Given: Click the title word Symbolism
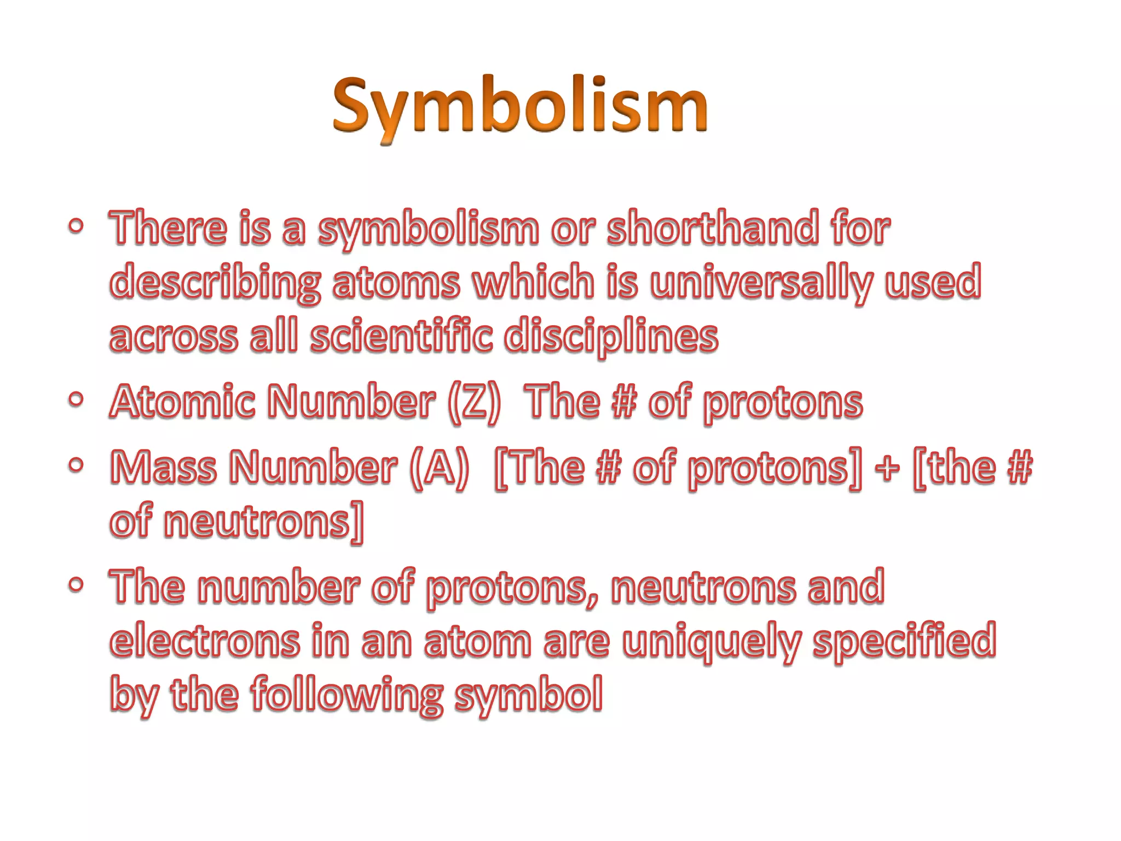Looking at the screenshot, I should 520,107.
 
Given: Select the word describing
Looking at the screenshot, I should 215,282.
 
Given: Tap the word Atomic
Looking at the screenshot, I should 183,402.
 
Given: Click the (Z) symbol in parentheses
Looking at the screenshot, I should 474,402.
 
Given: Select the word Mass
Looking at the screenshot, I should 164,468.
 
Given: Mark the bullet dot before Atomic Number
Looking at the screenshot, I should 77,400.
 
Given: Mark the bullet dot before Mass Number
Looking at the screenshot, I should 77,465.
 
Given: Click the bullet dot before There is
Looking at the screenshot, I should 77,226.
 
